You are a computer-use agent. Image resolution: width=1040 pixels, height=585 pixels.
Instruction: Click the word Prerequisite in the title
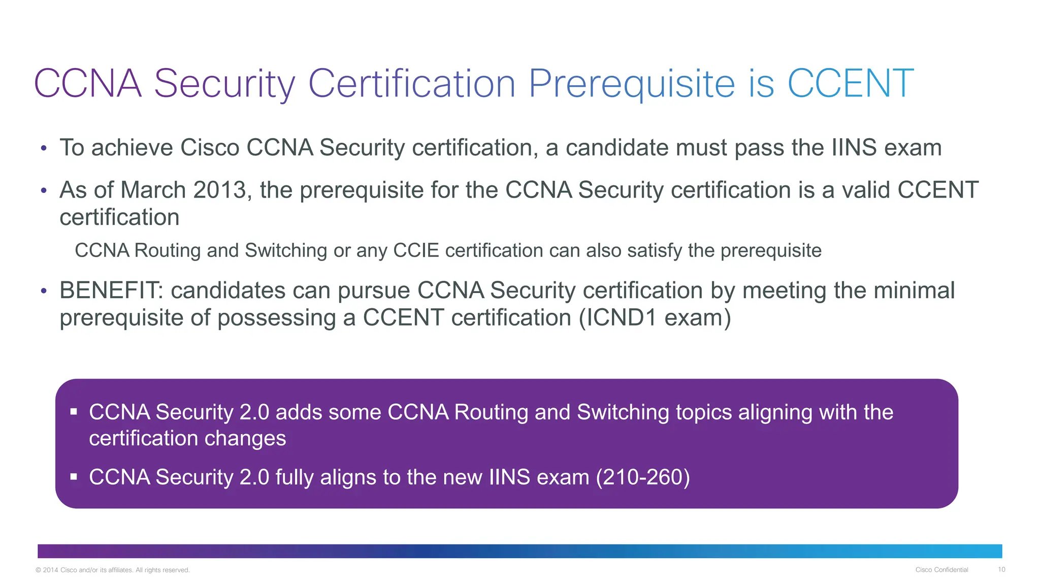click(631, 84)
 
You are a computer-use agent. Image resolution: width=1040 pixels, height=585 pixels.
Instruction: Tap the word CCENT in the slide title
click(851, 84)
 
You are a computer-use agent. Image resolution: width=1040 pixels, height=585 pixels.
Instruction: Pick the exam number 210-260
click(643, 477)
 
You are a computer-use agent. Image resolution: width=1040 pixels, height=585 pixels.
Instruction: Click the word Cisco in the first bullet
click(210, 148)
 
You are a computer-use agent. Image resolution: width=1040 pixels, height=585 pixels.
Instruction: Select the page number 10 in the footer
click(1001, 570)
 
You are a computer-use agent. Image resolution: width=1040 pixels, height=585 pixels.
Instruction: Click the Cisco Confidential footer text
click(941, 570)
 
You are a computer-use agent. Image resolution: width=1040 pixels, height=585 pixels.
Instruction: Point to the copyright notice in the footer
click(113, 570)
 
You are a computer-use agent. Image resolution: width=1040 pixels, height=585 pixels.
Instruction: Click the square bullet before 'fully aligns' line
click(74, 477)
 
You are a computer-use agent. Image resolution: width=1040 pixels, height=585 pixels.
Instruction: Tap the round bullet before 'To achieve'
click(44, 148)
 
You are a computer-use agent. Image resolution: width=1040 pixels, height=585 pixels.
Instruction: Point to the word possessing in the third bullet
click(277, 318)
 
